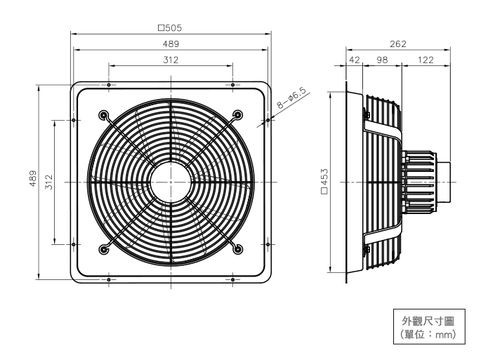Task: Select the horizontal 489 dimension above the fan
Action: coord(171,44)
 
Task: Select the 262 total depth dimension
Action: coord(397,44)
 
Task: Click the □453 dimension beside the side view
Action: coord(324,182)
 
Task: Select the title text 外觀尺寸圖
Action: coord(429,321)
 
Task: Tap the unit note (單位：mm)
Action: coord(429,335)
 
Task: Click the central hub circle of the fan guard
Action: coord(171,182)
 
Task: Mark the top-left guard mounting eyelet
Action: coord(105,115)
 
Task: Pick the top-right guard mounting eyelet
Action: coord(237,115)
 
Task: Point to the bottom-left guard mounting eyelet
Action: coord(105,248)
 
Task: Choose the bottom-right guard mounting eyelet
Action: coord(237,248)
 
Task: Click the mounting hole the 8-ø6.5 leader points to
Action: coord(268,120)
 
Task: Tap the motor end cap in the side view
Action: coord(445,182)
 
